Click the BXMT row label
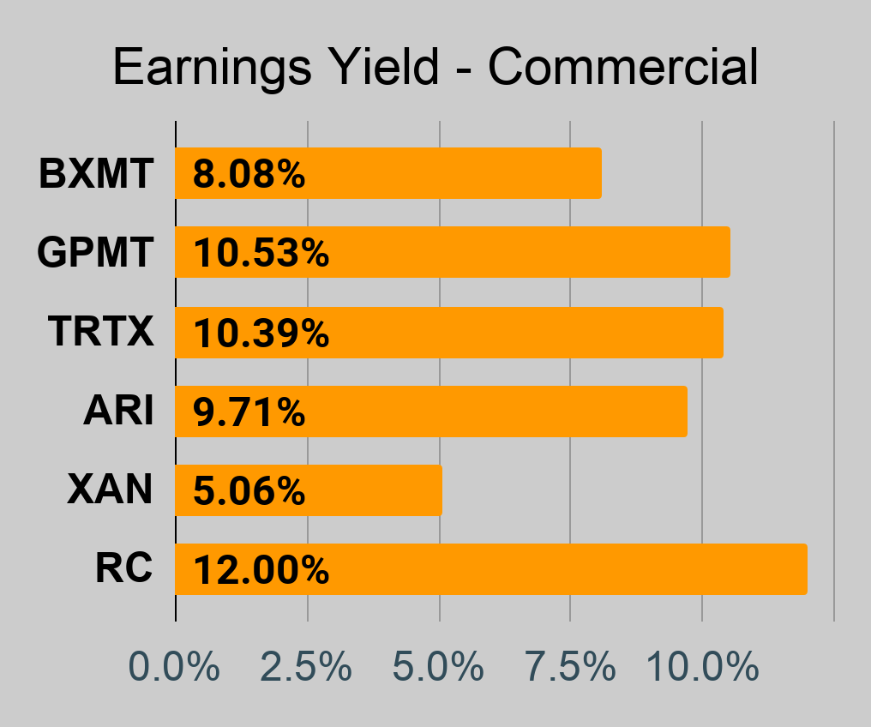click(96, 173)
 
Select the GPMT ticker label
click(95, 252)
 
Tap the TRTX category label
click(100, 332)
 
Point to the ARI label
click(118, 411)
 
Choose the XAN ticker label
click(110, 490)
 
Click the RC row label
click(123, 568)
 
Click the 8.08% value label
click(249, 174)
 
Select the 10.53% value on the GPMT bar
click(261, 253)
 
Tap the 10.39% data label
click(261, 333)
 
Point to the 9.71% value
click(249, 412)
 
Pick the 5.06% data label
click(249, 491)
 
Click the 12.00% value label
click(261, 570)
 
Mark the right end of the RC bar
click(807, 569)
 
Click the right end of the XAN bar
click(442, 490)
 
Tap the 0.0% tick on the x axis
click(174, 666)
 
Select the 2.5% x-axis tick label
click(306, 666)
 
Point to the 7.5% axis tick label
click(570, 666)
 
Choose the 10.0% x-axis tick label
click(702, 666)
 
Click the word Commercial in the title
click(622, 67)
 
